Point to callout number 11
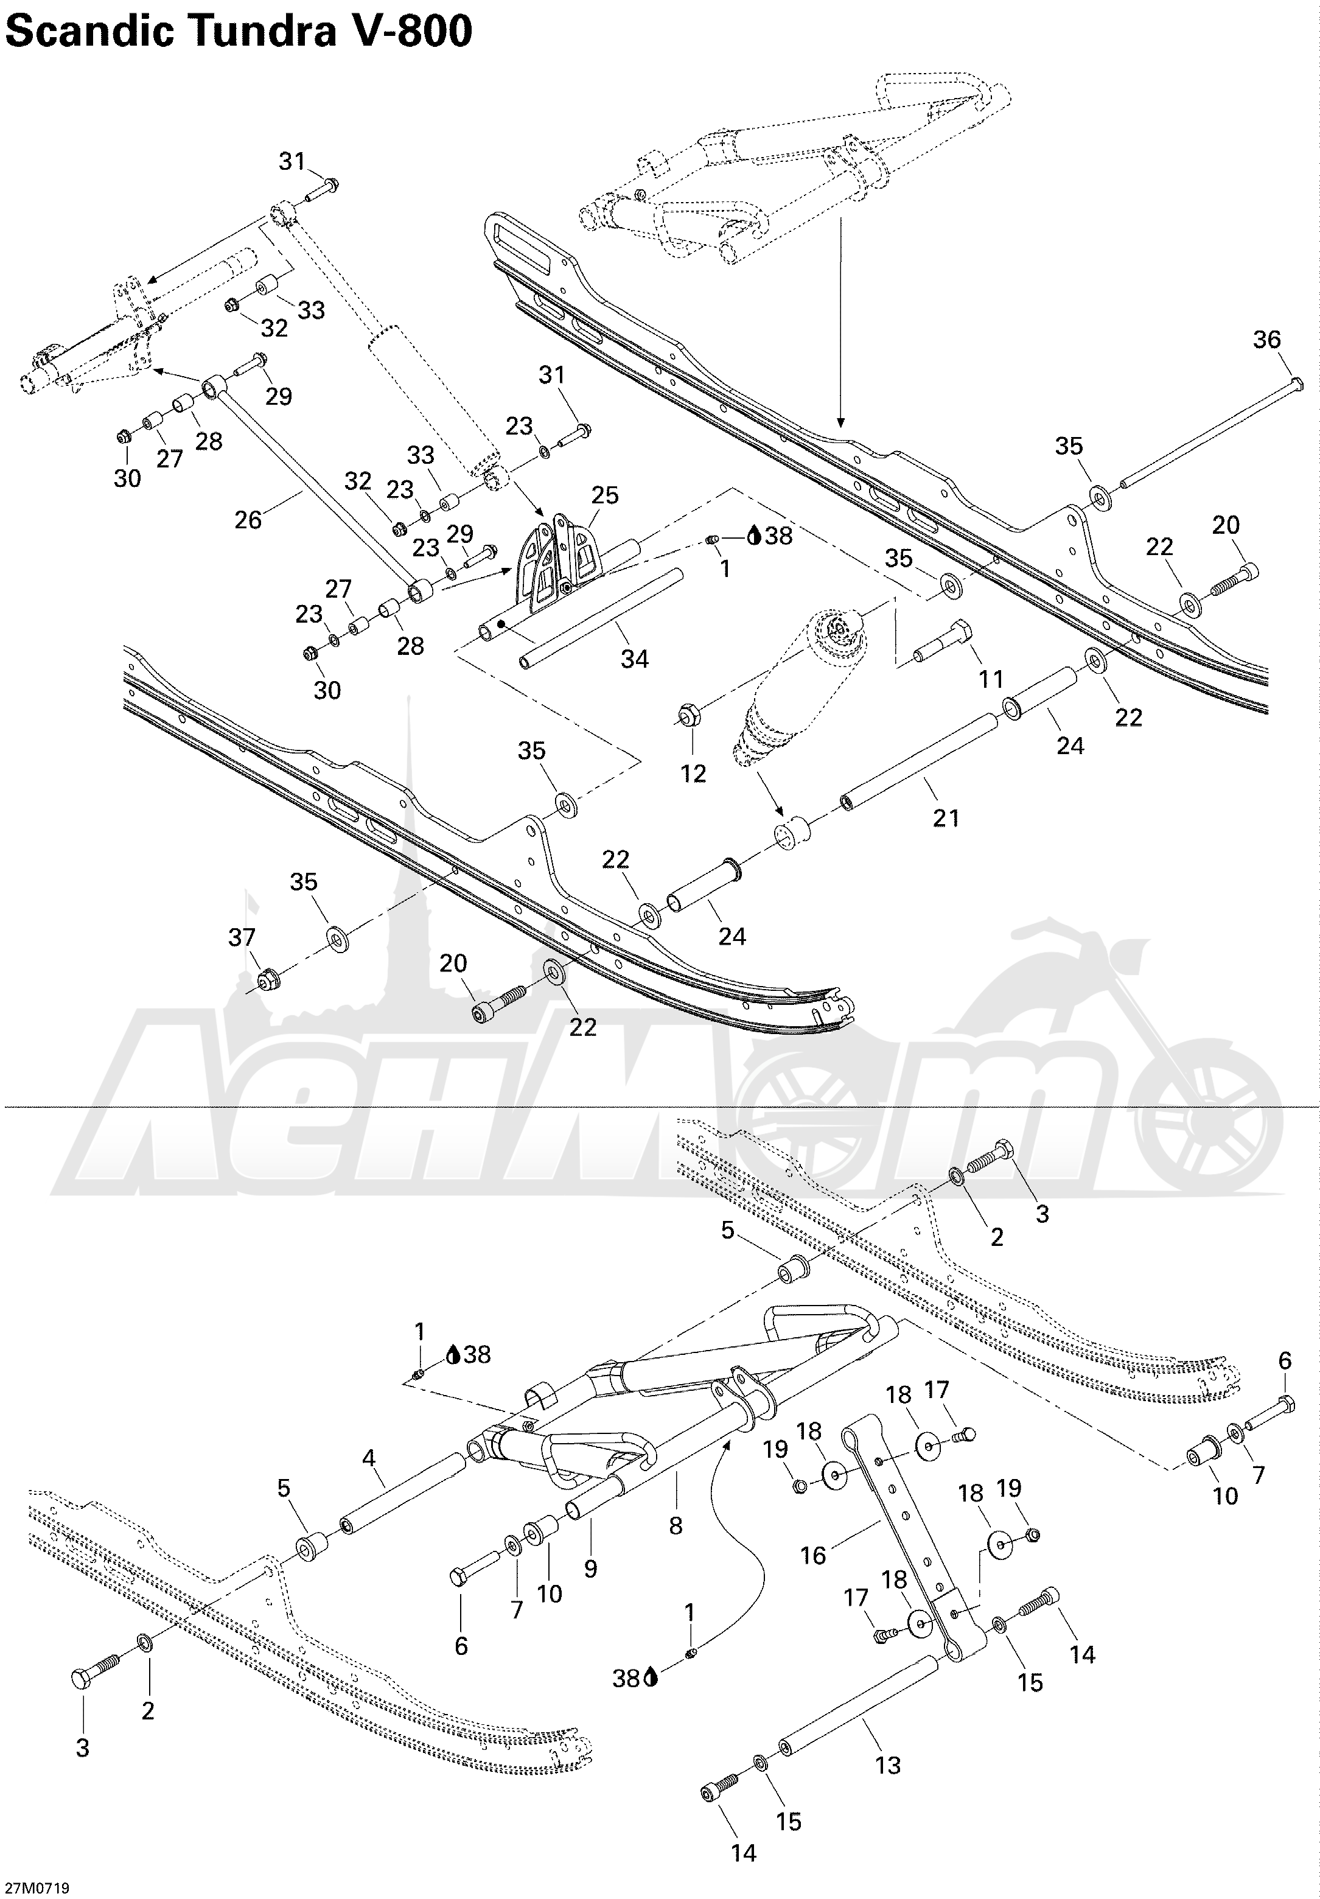pyautogui.click(x=991, y=679)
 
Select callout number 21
pyautogui.click(x=946, y=817)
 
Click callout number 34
pyautogui.click(x=634, y=659)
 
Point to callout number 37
pyautogui.click(x=242, y=937)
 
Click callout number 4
pyautogui.click(x=369, y=1458)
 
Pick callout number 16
pyautogui.click(x=813, y=1556)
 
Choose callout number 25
pyautogui.click(x=604, y=495)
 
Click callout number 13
pyautogui.click(x=887, y=1766)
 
